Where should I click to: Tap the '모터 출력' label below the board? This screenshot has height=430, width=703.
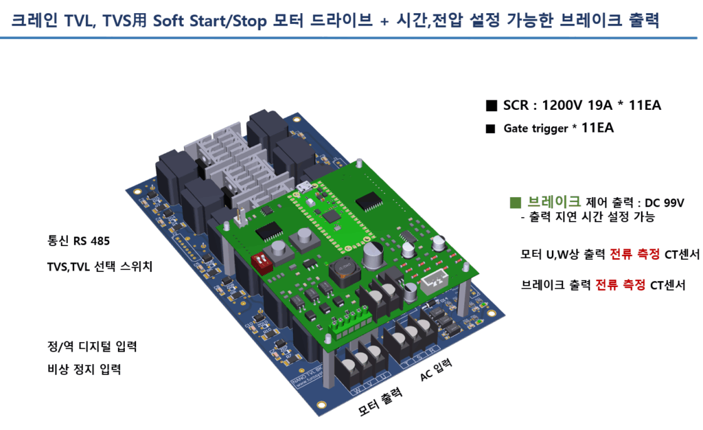380,404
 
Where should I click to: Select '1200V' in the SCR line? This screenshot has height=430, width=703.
564,105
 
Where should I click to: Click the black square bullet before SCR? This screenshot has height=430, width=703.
491,106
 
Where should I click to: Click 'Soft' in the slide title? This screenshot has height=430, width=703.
170,21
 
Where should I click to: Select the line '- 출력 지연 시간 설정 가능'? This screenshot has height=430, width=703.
588,217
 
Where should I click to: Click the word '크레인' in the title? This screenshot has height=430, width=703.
36,21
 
